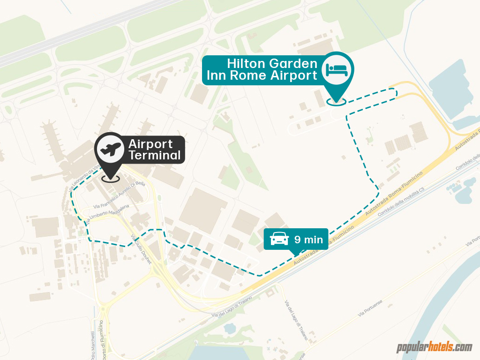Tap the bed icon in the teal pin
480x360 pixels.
(337, 70)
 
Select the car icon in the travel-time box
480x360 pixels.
(279, 240)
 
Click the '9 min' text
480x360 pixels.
(308, 240)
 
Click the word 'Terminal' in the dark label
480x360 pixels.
(155, 156)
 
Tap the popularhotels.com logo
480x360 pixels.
(435, 347)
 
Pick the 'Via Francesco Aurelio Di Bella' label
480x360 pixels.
(119, 195)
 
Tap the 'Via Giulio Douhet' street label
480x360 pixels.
(141, 249)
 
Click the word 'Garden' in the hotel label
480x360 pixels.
(295, 64)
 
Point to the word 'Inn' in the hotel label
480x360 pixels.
(217, 75)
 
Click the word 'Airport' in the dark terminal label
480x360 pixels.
(150, 144)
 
